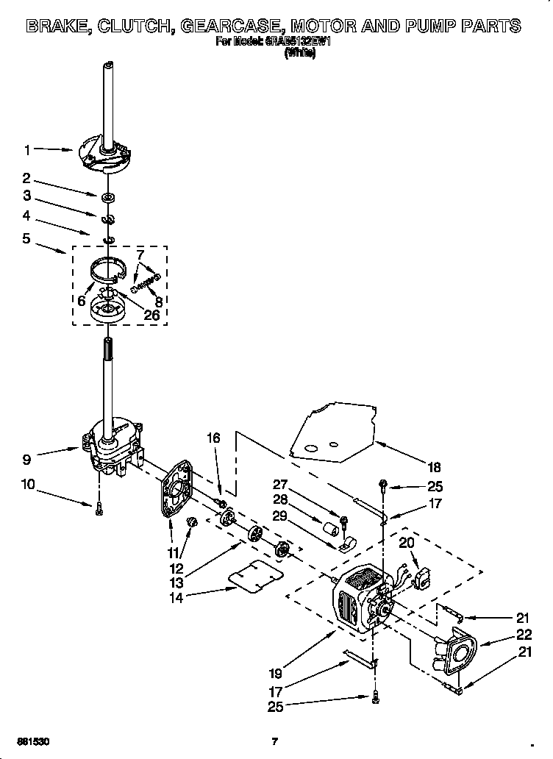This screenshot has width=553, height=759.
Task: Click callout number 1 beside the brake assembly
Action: (27, 150)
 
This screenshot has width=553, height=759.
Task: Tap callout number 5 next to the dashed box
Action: (27, 238)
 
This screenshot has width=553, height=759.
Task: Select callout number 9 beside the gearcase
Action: (27, 460)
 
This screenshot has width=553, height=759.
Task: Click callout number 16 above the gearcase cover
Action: (213, 438)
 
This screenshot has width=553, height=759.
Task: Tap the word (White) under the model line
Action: (300, 54)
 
